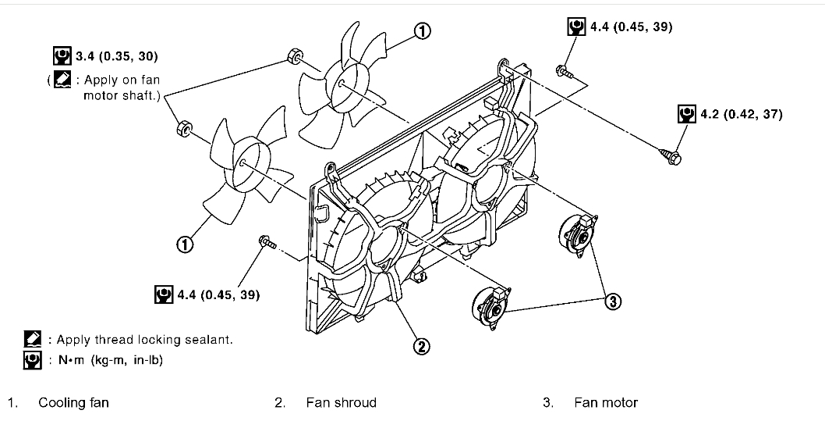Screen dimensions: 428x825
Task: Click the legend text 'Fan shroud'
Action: pos(341,403)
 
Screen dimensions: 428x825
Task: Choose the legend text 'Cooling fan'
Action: pos(73,403)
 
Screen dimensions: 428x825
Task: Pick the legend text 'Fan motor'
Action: pos(606,403)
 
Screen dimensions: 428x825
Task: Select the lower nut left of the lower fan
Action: pos(184,127)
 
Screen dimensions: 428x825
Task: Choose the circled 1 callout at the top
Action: pos(421,31)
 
